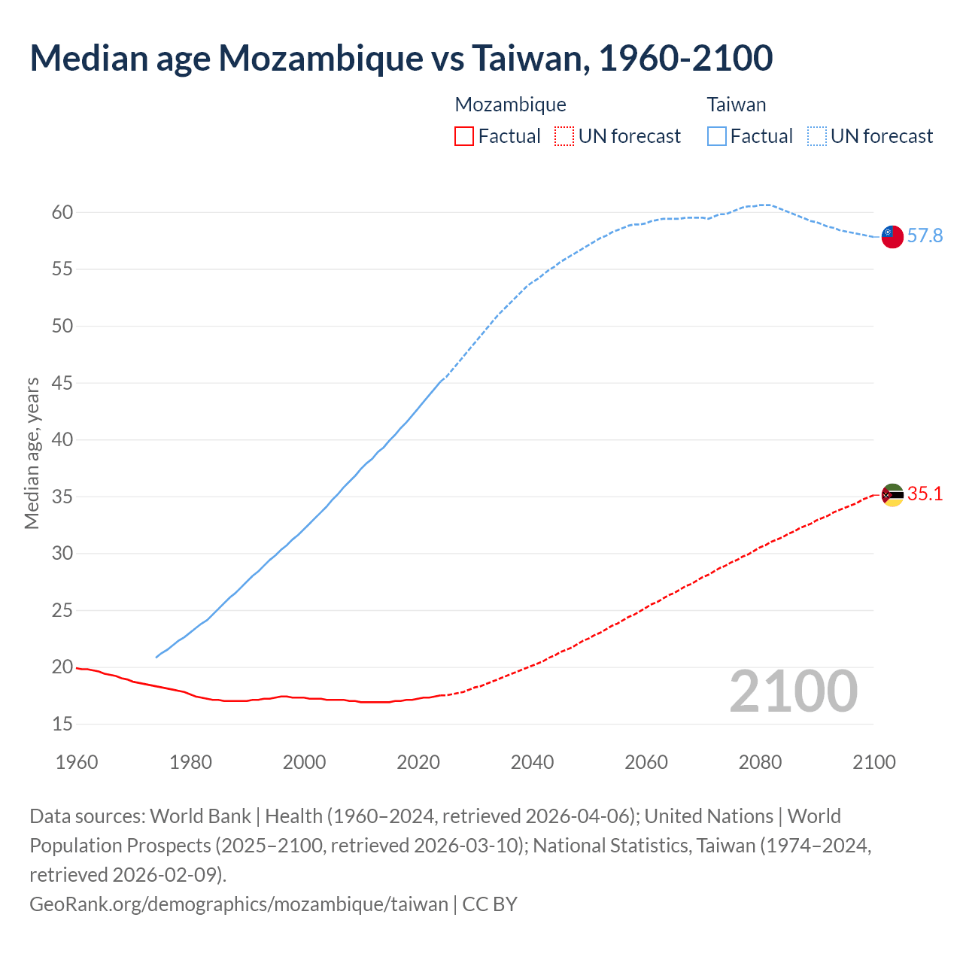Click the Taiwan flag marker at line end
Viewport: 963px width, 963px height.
pos(892,236)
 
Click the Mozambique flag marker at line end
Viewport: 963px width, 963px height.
pos(892,495)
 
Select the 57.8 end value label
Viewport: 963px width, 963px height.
pos(925,236)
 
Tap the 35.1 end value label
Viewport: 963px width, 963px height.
pos(925,494)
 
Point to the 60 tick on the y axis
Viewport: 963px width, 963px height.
pos(62,213)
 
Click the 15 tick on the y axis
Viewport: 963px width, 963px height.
pos(62,725)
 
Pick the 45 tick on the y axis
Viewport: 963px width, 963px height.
pos(62,384)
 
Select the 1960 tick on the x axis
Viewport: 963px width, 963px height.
pos(77,762)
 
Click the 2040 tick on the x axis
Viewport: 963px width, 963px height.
pos(533,762)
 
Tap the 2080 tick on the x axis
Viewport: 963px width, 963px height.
pos(761,762)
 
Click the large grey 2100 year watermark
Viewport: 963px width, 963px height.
pos(793,691)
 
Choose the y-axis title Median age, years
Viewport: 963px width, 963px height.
pos(32,454)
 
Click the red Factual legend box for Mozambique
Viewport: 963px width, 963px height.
pos(464,136)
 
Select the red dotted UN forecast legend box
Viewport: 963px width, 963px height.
pos(564,136)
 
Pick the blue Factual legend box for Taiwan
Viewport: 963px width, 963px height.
pos(717,136)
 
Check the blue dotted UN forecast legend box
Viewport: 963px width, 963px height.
pos(817,136)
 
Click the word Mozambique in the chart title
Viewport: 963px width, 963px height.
pos(320,58)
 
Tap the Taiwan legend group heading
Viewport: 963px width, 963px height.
pos(737,105)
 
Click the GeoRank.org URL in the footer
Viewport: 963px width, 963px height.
pos(238,904)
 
